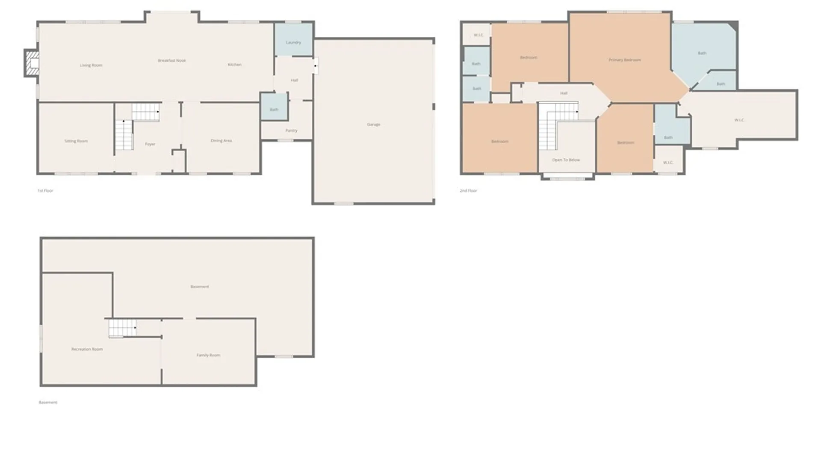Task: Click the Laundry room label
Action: (293, 42)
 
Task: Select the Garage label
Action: (373, 124)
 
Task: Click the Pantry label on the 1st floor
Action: (291, 130)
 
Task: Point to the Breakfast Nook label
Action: (172, 61)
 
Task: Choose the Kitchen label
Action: (234, 65)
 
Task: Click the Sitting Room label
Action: (76, 141)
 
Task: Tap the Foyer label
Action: (150, 144)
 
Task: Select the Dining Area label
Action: (221, 141)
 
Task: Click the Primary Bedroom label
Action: (625, 60)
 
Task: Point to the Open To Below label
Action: (566, 160)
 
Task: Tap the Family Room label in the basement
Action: (208, 355)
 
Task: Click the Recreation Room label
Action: (87, 349)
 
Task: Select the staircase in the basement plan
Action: (122, 328)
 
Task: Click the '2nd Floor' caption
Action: (468, 191)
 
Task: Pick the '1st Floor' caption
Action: (45, 191)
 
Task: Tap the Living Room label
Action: (91, 65)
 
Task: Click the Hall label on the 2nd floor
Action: (564, 93)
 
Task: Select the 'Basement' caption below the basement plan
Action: (48, 403)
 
